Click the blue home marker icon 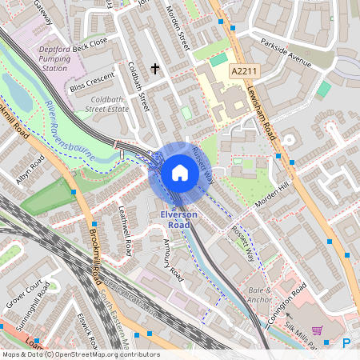coord(179,174)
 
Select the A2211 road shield coord(245,71)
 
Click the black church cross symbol coord(155,70)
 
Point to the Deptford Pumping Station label coord(54,58)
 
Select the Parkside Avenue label coord(284,59)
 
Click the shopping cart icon coord(318,330)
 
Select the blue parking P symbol coord(346,343)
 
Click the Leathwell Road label coord(125,233)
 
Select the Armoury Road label coord(173,260)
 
